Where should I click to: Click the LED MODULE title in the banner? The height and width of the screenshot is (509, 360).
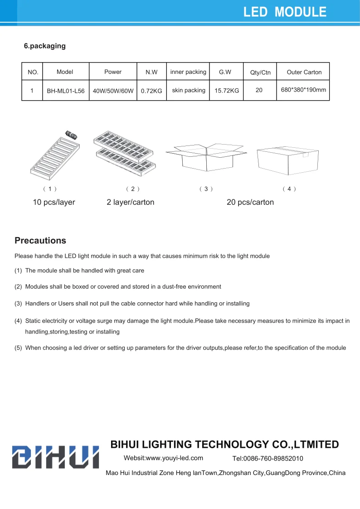[285, 12]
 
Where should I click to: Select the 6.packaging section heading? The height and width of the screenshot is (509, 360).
[45, 46]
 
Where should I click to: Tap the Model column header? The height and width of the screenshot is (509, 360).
[65, 72]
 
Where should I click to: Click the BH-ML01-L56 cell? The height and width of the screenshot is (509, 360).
[66, 91]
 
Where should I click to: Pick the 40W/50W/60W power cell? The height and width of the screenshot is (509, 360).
[113, 91]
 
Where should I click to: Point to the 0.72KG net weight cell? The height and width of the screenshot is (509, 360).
[151, 91]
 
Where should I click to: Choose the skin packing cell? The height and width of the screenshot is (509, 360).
[189, 90]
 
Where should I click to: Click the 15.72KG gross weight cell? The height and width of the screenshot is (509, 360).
[227, 91]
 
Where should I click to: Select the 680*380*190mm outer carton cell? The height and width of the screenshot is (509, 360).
[303, 90]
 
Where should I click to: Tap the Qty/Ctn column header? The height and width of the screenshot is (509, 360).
[260, 73]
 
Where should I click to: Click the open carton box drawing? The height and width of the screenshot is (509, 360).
[206, 156]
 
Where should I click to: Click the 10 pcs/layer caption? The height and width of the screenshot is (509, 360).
[54, 202]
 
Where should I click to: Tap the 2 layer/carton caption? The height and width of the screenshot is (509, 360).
[131, 202]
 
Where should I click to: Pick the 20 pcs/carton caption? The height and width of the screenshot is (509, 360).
[250, 202]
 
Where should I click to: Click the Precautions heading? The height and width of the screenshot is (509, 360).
[40, 240]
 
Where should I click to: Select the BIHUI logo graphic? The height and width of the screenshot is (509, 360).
[55, 456]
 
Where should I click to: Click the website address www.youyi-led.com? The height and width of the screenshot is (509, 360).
[163, 458]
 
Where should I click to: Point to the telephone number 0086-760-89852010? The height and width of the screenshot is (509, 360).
[268, 458]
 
